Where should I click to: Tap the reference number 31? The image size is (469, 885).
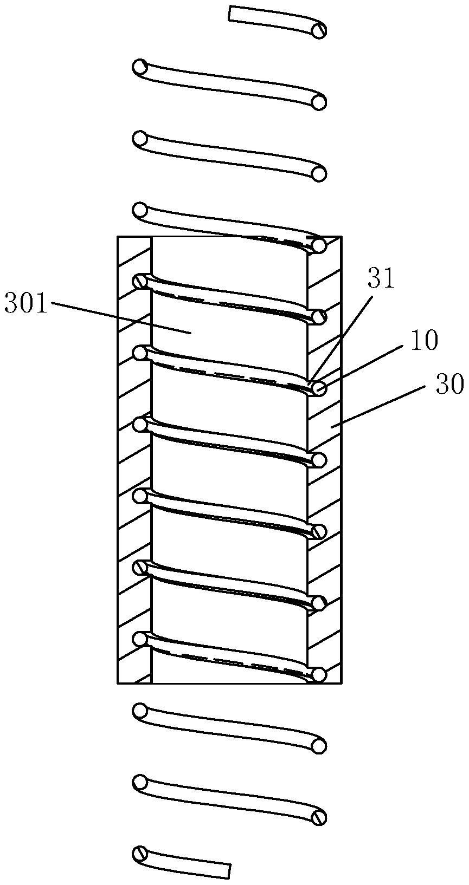(x=382, y=279)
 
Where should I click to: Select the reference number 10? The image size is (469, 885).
(x=425, y=342)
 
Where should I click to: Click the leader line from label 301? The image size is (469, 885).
(x=120, y=318)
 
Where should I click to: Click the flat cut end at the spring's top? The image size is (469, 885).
(x=230, y=14)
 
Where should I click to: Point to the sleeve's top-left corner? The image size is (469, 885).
(x=118, y=236)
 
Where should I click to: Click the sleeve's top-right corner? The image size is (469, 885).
(x=341, y=236)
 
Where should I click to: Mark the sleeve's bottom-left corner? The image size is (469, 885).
(x=118, y=682)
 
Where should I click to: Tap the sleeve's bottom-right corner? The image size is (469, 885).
(x=341, y=682)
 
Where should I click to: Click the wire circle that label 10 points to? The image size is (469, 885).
(x=319, y=388)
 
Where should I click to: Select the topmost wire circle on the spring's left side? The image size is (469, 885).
(x=140, y=67)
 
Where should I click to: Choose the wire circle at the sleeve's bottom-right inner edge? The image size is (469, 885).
(x=319, y=674)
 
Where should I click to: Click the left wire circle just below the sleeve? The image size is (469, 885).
(x=140, y=710)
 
